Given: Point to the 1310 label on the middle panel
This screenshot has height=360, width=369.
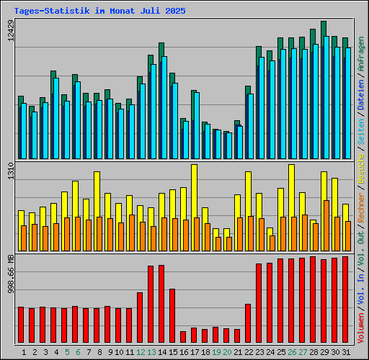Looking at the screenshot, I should tap(9, 176).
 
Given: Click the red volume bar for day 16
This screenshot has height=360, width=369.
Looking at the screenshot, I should tap(183, 337).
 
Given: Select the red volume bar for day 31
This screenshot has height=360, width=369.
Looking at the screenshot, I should tap(345, 300).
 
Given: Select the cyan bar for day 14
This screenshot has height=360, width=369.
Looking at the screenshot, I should tap(164, 107).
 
